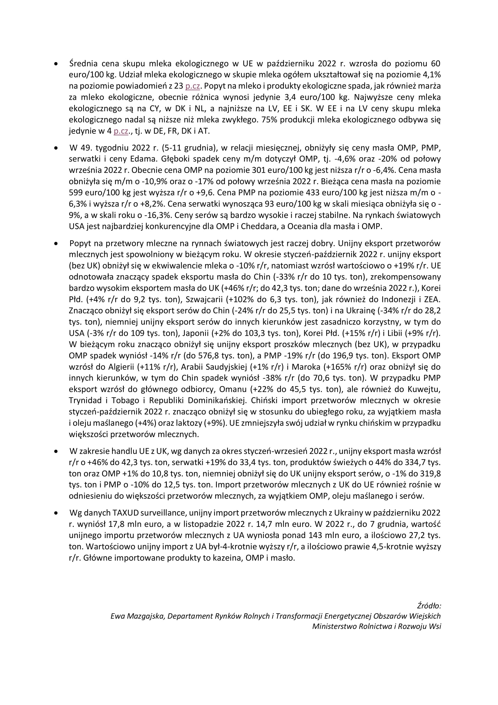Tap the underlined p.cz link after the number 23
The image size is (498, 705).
[193, 86]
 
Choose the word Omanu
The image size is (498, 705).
[233, 389]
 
